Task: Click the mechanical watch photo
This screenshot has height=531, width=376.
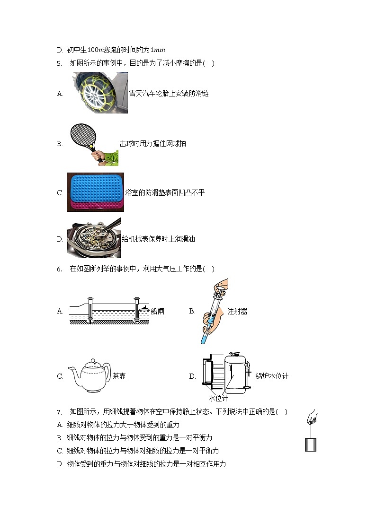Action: (x=94, y=239)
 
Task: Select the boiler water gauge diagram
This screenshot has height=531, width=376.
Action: (x=226, y=374)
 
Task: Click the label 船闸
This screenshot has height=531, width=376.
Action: (x=158, y=311)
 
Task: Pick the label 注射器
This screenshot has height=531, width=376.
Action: (x=237, y=311)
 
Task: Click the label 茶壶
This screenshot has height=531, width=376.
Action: (x=119, y=376)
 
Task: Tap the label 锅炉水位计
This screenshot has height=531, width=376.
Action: (x=272, y=376)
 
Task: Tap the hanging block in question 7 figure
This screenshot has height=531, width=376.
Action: (x=311, y=444)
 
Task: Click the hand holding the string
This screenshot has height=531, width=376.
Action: (x=312, y=418)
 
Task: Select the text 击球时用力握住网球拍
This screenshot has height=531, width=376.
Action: (x=152, y=143)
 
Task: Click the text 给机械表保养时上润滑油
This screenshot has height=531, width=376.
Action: (x=158, y=239)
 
